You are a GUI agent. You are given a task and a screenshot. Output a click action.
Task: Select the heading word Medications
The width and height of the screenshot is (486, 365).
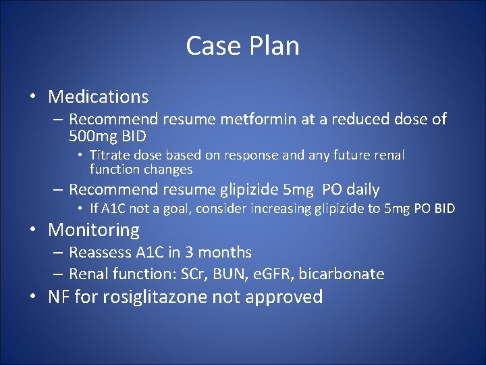tap(98, 97)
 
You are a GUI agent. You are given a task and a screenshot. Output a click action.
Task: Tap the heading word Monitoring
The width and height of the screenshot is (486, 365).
tap(94, 230)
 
